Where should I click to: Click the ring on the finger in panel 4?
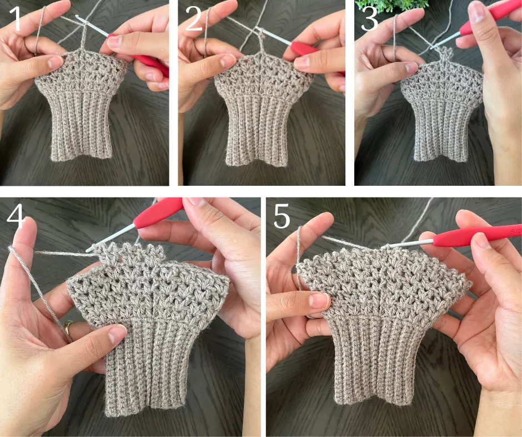pos(68,328)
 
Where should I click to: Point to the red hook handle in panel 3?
pos(489,17)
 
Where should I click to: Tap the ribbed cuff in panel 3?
pos(439,130)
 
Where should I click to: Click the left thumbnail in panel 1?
pos(55,62)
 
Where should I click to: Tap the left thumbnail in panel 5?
pos(319,299)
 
